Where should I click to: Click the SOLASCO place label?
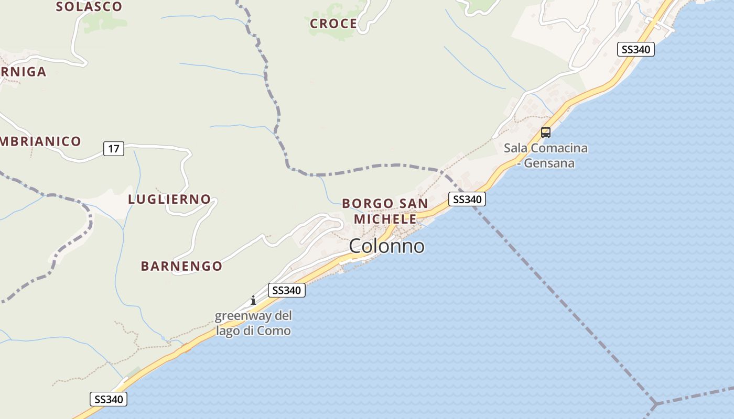click(89, 7)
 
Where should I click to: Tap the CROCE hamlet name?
click(333, 24)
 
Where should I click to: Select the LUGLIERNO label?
click(169, 200)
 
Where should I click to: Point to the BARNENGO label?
click(181, 266)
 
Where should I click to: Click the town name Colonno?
click(386, 246)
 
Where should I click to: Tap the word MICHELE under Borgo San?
click(385, 218)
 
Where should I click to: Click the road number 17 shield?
click(113, 149)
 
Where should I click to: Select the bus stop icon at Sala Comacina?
click(545, 132)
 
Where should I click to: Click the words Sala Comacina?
click(545, 148)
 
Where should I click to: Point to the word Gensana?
click(548, 163)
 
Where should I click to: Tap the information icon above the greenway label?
click(253, 300)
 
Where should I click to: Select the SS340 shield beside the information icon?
click(286, 290)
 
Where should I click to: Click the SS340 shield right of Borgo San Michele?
click(467, 199)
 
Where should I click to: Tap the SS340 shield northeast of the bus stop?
click(635, 49)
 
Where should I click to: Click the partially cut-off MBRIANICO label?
click(40, 141)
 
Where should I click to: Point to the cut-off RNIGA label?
click(23, 72)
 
